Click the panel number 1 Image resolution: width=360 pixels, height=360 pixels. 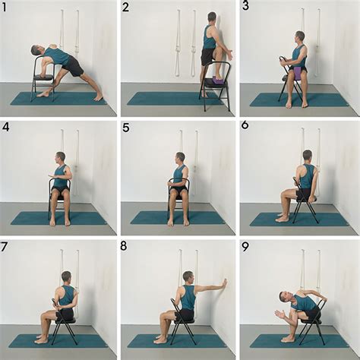click(x=3, y=8)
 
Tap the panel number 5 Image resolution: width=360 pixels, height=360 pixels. click(x=126, y=128)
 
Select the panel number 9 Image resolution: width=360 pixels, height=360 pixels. click(x=245, y=248)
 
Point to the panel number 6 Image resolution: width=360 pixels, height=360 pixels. click(x=245, y=125)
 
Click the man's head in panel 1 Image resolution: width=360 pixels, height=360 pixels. click(x=36, y=50)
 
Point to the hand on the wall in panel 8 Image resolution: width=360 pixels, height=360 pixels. click(x=225, y=283)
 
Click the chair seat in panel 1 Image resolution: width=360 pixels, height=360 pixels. click(x=43, y=77)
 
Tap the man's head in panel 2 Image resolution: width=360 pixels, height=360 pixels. click(x=212, y=17)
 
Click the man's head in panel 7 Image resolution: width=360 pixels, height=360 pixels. click(x=67, y=276)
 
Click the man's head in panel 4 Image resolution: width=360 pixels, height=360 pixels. click(x=61, y=158)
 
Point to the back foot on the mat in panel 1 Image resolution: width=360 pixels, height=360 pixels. click(x=99, y=98)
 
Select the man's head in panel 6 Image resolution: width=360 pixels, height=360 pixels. click(x=308, y=155)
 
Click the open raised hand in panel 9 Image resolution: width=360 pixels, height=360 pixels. click(x=279, y=314)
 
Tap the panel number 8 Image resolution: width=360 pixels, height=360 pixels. click(x=124, y=246)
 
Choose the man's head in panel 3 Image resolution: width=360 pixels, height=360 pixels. click(x=299, y=37)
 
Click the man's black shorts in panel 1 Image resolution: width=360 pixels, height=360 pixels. click(x=73, y=66)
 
